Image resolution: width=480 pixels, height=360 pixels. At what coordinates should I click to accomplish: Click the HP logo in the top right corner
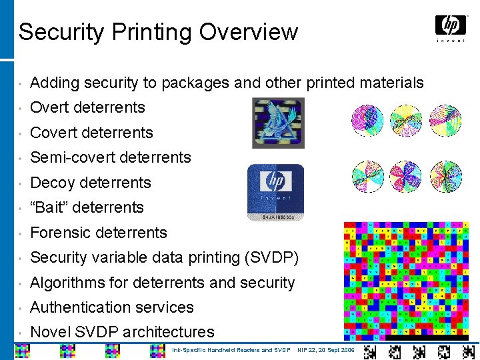tap(451, 27)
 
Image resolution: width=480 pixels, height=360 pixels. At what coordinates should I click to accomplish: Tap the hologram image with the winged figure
tap(278, 123)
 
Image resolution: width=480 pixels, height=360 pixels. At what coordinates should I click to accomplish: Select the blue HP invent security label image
tap(275, 191)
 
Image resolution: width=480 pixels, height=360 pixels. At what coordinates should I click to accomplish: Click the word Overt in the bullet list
tap(50, 107)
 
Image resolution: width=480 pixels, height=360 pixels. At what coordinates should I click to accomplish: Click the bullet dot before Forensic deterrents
tap(22, 233)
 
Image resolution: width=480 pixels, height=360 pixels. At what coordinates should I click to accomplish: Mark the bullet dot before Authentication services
tap(22, 308)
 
